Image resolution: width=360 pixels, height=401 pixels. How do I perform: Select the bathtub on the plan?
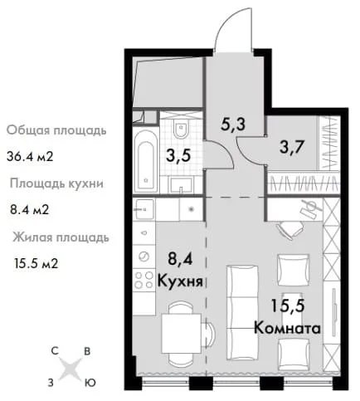point(146,161)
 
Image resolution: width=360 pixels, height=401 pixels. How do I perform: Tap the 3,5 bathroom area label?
point(178,156)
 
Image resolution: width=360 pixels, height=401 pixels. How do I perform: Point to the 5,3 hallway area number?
point(233,124)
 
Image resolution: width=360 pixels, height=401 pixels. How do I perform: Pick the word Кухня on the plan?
point(180,281)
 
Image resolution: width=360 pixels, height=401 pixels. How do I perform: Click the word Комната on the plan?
point(287,329)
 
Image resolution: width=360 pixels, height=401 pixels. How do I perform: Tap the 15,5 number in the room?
point(288,306)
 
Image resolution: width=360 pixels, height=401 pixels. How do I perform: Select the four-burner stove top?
point(144,279)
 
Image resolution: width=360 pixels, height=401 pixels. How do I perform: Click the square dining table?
point(181,334)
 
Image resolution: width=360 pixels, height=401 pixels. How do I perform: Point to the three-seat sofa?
point(242,313)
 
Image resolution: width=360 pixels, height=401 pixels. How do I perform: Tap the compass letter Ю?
point(90,383)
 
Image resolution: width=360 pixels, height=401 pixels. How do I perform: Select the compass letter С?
point(55,351)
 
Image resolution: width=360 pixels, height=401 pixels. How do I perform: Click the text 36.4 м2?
point(30,157)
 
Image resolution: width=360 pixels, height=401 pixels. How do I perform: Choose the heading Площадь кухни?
point(56,183)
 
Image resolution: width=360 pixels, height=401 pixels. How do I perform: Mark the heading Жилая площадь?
point(61,237)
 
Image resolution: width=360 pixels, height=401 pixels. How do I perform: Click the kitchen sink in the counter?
point(144,209)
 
